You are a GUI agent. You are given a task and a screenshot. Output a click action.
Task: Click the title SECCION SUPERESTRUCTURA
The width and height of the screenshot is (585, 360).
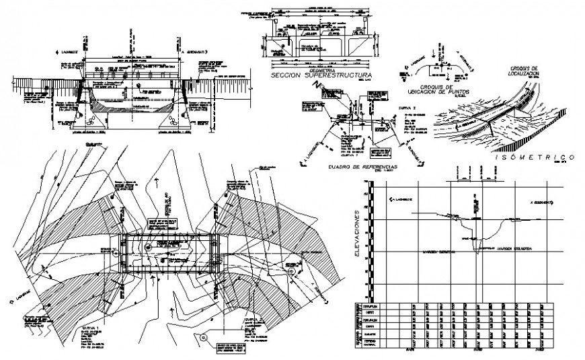[x=319, y=76]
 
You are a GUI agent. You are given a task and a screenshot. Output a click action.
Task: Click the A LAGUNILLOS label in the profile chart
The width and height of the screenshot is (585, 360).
[x=401, y=200]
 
